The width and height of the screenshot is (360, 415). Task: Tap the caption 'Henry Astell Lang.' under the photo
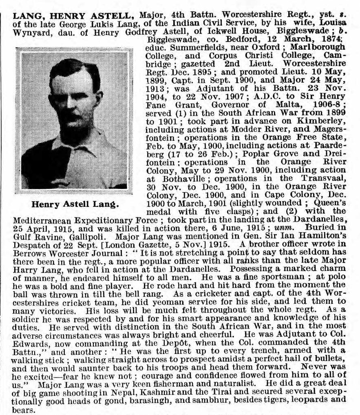(x=74, y=203)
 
